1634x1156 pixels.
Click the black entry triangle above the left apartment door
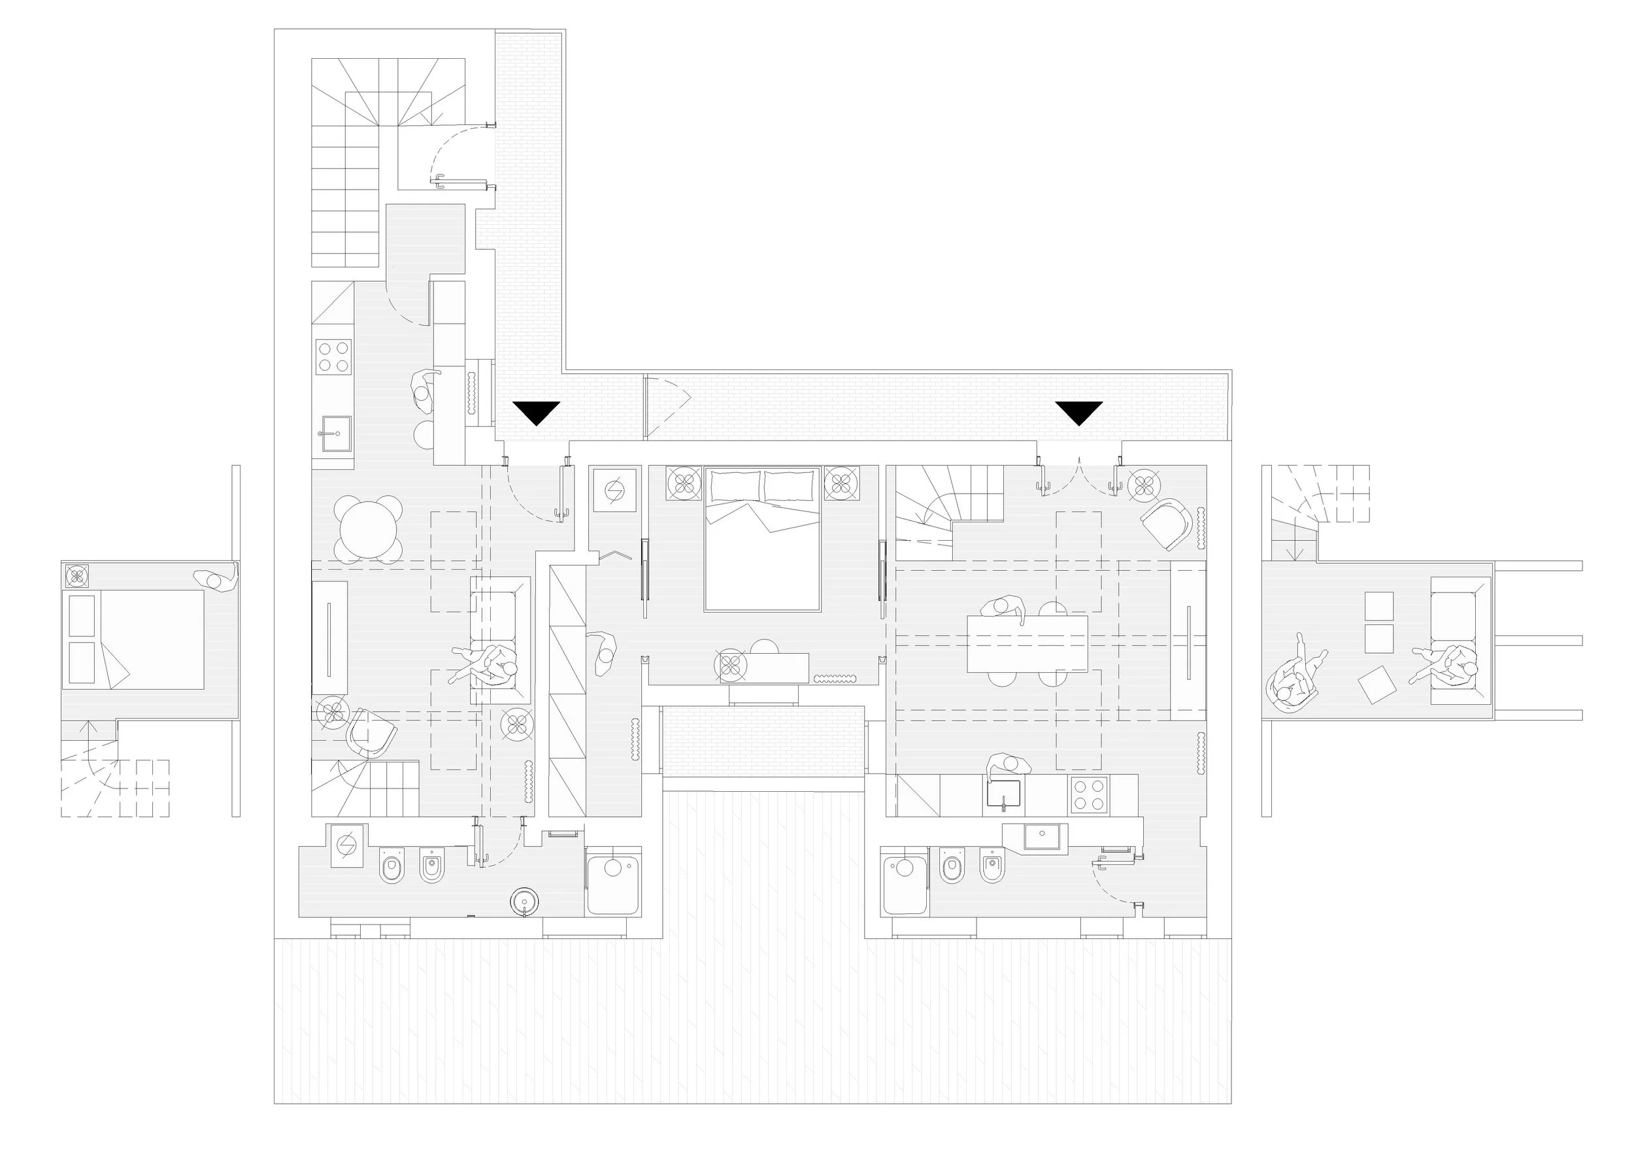tap(537, 412)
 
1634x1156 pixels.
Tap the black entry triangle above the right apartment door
tap(1079, 412)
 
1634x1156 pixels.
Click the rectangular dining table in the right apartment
tap(1027, 643)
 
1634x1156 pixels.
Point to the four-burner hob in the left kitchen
tap(334, 356)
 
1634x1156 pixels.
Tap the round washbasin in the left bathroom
tap(524, 900)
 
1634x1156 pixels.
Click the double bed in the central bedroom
tap(762, 539)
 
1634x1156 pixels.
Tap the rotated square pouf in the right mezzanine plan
tap(1376, 684)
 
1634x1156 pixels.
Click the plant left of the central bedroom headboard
tap(684, 483)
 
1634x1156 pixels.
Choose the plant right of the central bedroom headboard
tap(841, 483)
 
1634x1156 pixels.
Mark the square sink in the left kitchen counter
tap(334, 433)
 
